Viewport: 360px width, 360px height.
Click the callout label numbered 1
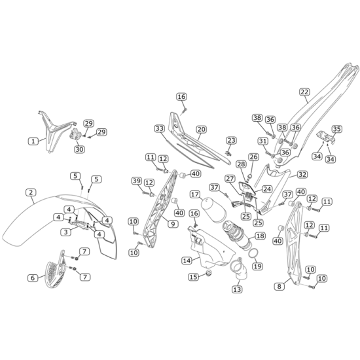pos(33,141)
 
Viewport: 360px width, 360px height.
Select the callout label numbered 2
pos(31,192)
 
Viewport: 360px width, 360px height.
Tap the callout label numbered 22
pos(304,92)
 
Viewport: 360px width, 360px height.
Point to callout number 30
pos(79,149)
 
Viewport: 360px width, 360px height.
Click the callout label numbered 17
pos(195,194)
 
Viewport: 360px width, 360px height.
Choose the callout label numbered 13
pos(237,289)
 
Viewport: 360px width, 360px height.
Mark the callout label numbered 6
pos(33,278)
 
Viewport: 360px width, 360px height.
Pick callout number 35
pos(336,129)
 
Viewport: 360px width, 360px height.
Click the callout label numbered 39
pos(137,181)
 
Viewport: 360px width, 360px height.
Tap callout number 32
pos(302,175)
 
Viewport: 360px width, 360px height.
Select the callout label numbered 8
pos(279,286)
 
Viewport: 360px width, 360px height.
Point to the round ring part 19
pos(254,253)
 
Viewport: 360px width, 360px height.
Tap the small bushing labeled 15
pos(208,273)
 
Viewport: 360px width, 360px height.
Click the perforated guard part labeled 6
pos(55,270)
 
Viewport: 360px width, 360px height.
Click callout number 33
pos(159,128)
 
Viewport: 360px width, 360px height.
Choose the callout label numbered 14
pos(187,261)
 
